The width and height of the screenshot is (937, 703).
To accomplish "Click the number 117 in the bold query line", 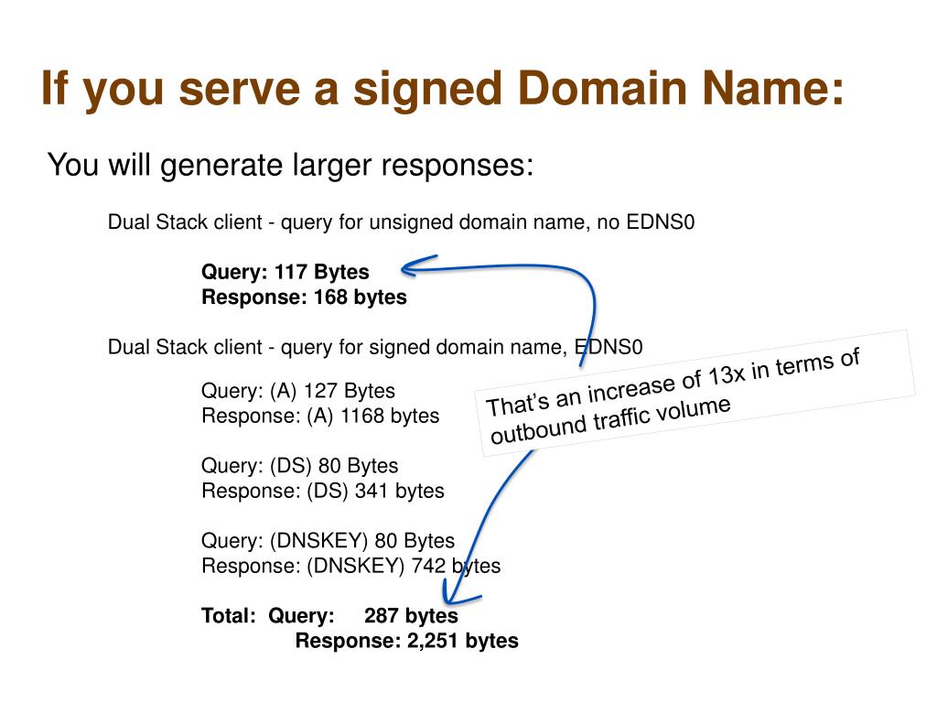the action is tap(291, 272).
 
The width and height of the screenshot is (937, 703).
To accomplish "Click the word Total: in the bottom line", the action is tap(229, 616).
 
